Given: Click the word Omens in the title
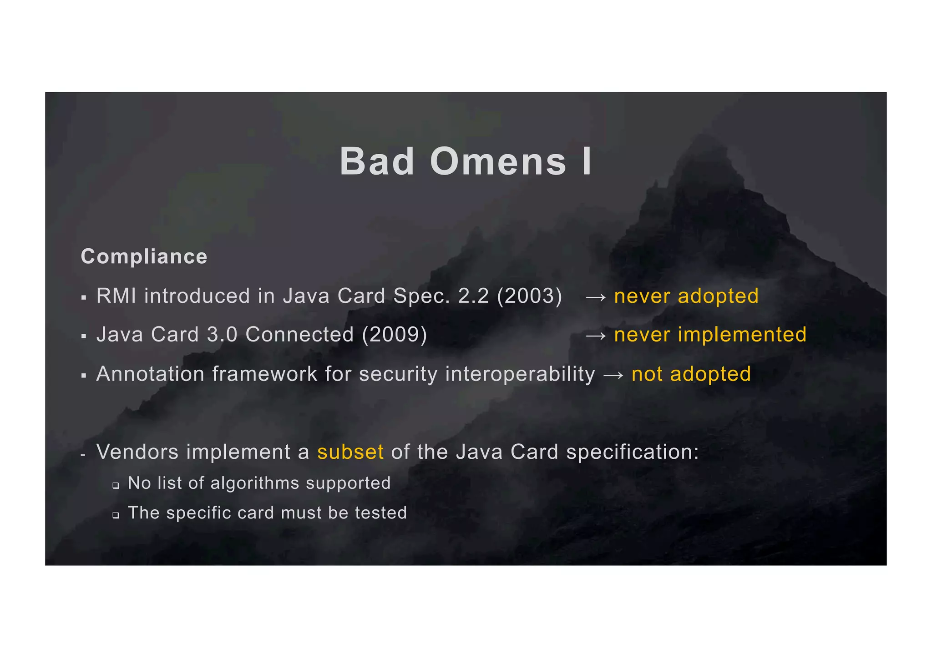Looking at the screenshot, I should pyautogui.click(x=498, y=162).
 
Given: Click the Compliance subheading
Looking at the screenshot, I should pyautogui.click(x=144, y=257).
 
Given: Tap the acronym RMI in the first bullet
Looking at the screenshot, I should pyautogui.click(x=116, y=296).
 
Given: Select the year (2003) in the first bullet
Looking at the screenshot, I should pyautogui.click(x=529, y=296).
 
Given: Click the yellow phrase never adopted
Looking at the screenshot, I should pyautogui.click(x=686, y=296).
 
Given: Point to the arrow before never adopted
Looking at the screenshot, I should pyautogui.click(x=596, y=297).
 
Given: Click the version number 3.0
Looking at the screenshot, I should pyautogui.click(x=222, y=335).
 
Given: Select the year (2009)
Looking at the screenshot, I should pyautogui.click(x=394, y=335).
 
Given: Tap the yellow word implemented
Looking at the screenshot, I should pyautogui.click(x=742, y=335).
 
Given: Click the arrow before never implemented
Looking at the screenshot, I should pyautogui.click(x=596, y=336).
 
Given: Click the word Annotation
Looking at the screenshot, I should pyautogui.click(x=150, y=374).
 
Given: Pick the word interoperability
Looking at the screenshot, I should pyautogui.click(x=520, y=374).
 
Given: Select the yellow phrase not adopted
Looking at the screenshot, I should pyautogui.click(x=691, y=374).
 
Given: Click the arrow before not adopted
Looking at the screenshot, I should pyautogui.click(x=613, y=376).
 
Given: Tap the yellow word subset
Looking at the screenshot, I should pyautogui.click(x=350, y=452).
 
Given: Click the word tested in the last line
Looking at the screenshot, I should pyautogui.click(x=380, y=513).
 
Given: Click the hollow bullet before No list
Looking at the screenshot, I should pyautogui.click(x=116, y=486).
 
